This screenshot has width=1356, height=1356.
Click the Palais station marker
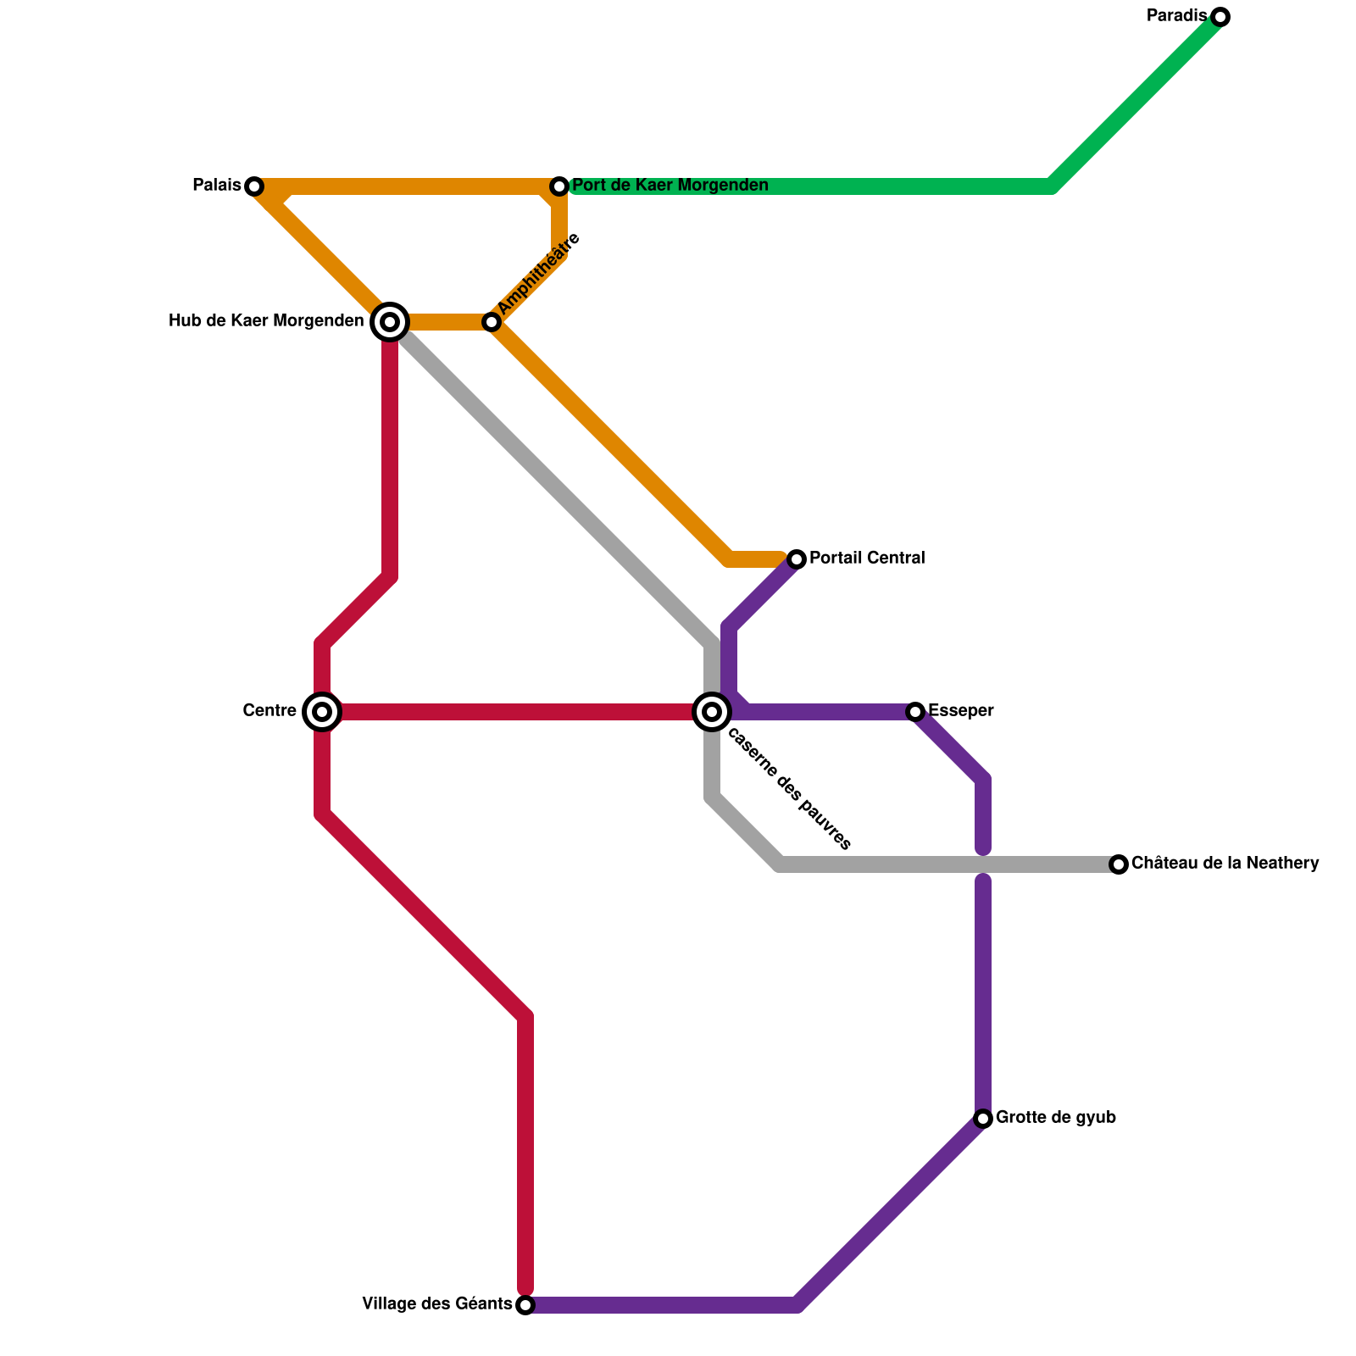(254, 186)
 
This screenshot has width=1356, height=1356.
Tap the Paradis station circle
(1220, 17)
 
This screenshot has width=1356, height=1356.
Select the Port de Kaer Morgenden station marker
(559, 186)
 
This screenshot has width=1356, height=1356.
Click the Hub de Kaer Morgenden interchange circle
(390, 322)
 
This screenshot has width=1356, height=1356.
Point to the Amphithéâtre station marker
(492, 322)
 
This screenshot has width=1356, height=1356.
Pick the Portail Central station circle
(797, 559)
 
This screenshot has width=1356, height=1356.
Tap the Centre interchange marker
(322, 712)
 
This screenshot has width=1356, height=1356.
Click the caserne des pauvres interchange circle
(712, 712)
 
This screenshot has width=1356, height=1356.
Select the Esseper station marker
(915, 712)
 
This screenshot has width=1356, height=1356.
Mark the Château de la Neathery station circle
(1119, 864)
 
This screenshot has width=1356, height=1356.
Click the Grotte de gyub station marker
(983, 1119)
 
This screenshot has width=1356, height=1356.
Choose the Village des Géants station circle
(525, 1305)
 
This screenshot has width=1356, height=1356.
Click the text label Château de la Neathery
(1225, 864)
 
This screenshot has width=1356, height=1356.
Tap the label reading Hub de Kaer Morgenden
(266, 321)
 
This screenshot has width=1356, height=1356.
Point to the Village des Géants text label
(436, 1304)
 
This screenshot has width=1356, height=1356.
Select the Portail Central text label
(867, 559)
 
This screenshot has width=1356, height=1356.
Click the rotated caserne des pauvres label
(789, 790)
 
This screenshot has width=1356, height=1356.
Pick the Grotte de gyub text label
(1056, 1118)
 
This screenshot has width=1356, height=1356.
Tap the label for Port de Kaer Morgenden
(670, 186)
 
